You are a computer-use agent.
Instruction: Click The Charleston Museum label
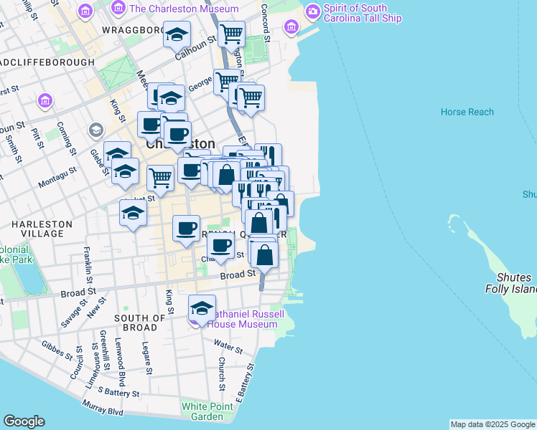point(183,9)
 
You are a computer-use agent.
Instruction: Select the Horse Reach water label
point(467,112)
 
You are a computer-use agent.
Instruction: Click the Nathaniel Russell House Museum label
point(242,319)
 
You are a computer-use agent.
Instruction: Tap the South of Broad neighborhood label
point(140,322)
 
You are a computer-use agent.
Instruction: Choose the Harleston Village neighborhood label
point(42,229)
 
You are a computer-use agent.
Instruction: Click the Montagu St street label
point(56,176)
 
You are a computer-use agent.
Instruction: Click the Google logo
point(24,421)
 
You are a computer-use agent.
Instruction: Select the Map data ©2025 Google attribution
point(492,424)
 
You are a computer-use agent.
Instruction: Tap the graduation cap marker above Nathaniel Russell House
point(202,307)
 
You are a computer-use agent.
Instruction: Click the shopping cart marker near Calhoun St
point(231,33)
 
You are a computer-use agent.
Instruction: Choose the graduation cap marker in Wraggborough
point(177,34)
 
